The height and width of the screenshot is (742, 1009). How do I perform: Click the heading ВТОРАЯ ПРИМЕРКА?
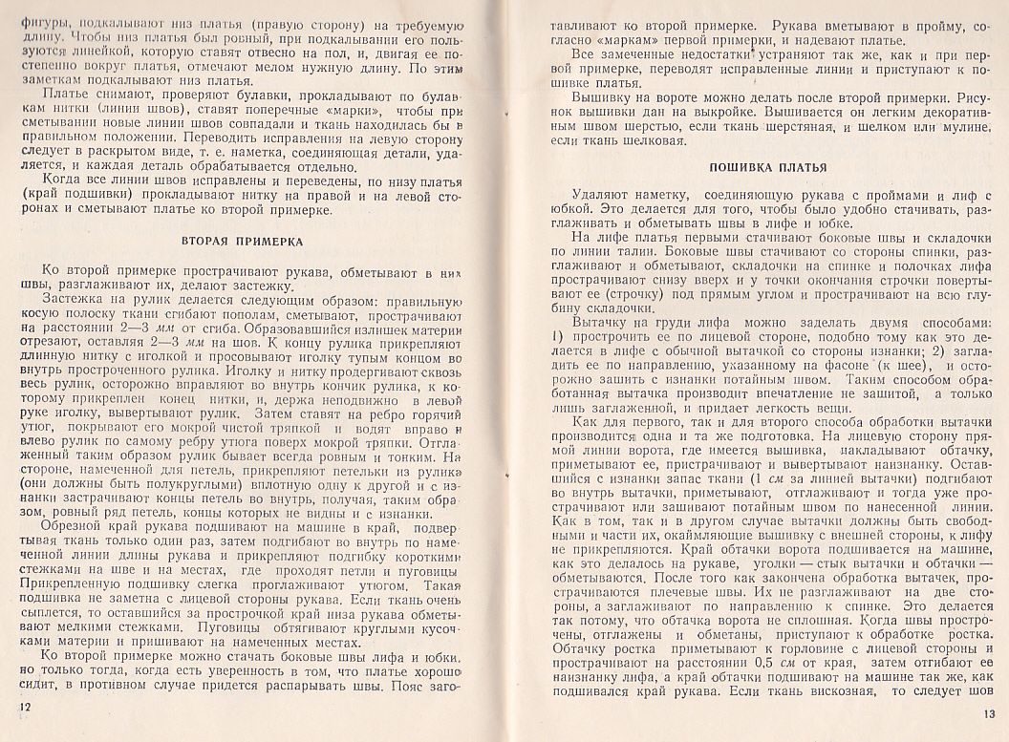click(242, 242)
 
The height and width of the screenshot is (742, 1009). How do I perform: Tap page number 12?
click(24, 706)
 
